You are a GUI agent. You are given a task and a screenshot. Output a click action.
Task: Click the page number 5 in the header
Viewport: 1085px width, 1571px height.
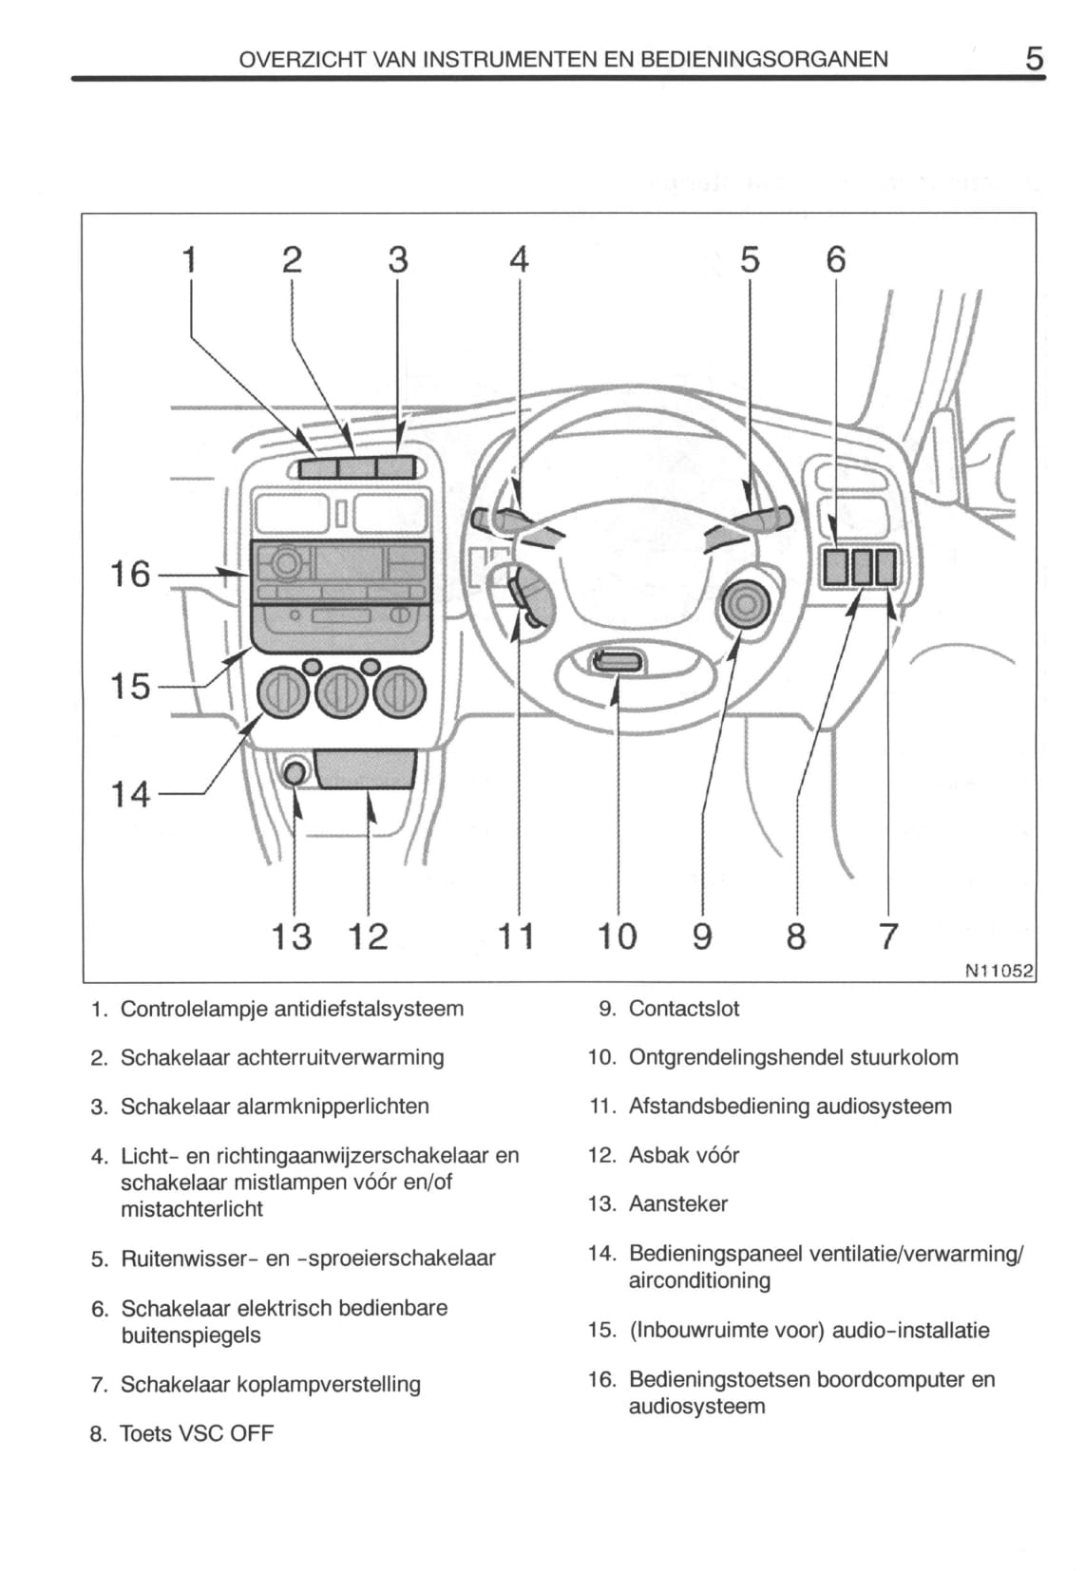pos(1034,59)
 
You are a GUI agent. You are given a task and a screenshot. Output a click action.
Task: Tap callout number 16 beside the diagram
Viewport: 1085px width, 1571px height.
pos(130,574)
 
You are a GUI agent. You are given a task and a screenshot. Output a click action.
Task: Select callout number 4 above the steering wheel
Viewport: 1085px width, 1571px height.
pos(519,259)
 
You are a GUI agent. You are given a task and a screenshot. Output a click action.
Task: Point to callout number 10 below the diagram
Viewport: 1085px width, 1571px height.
pos(617,937)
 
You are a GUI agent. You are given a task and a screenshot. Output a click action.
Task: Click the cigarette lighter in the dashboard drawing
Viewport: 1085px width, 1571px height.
pos(295,772)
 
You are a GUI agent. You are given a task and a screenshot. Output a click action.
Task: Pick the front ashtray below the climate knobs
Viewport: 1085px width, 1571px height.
pos(367,768)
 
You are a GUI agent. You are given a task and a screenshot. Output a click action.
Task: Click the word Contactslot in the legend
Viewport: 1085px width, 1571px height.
pos(684,1009)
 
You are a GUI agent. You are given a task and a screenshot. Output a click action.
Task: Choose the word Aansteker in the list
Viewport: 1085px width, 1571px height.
pos(677,1204)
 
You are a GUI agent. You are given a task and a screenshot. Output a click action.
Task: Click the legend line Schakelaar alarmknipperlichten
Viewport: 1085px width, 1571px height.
pos(275,1107)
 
